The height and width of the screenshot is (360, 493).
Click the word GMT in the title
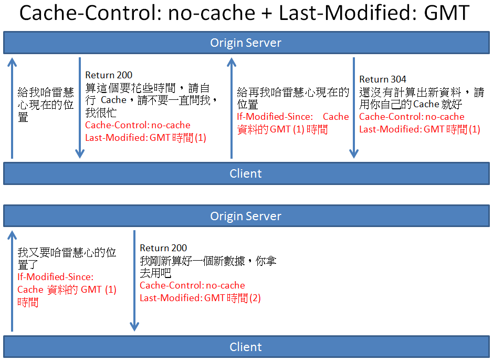click(x=446, y=13)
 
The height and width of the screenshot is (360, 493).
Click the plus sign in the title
click(x=267, y=14)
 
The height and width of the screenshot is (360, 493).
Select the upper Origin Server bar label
click(x=246, y=43)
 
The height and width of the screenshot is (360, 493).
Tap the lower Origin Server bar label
click(x=246, y=216)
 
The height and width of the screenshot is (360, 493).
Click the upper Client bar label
click(x=246, y=173)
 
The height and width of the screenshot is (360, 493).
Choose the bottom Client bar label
click(x=246, y=347)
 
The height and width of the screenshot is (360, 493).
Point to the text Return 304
click(x=383, y=79)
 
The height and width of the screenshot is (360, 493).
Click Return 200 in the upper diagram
click(x=109, y=75)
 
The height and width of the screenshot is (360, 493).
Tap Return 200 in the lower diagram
click(x=163, y=248)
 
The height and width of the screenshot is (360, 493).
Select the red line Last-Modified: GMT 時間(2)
click(x=200, y=297)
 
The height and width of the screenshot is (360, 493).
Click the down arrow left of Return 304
click(x=354, y=108)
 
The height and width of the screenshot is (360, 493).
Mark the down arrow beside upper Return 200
click(x=80, y=108)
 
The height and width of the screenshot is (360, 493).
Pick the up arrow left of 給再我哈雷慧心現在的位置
click(x=232, y=108)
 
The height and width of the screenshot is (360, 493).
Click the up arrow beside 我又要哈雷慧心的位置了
click(x=12, y=281)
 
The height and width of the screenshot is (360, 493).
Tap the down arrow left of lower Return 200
click(x=134, y=281)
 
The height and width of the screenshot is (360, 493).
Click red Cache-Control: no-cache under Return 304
click(x=412, y=117)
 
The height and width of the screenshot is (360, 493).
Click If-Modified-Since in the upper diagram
click(x=275, y=117)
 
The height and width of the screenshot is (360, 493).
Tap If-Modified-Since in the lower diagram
click(x=55, y=277)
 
